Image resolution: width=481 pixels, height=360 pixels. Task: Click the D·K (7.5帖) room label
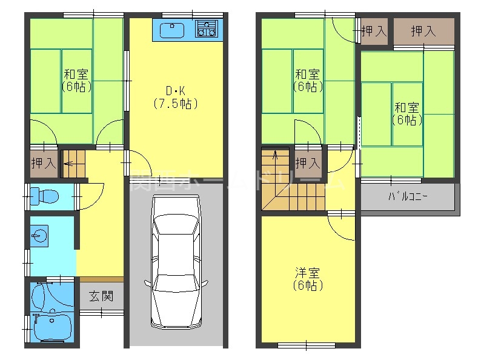pos(175,97)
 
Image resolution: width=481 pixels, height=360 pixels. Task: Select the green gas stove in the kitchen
pos(207,28)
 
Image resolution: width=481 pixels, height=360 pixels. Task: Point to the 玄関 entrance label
pos(101,297)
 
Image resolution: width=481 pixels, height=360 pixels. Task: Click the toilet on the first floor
pos(46,196)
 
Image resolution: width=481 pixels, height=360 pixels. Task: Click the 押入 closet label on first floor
pos(43,162)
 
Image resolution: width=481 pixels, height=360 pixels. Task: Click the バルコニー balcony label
pos(408,197)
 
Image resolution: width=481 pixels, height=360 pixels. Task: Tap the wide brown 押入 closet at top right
pos(423,32)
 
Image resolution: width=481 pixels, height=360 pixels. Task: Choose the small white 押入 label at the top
pos(373,32)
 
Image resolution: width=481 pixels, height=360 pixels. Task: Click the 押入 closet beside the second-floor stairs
pos(308,162)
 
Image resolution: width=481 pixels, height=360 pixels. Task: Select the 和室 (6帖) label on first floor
pos(77,81)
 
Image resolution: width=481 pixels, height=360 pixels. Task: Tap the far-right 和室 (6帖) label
pos(406,113)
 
